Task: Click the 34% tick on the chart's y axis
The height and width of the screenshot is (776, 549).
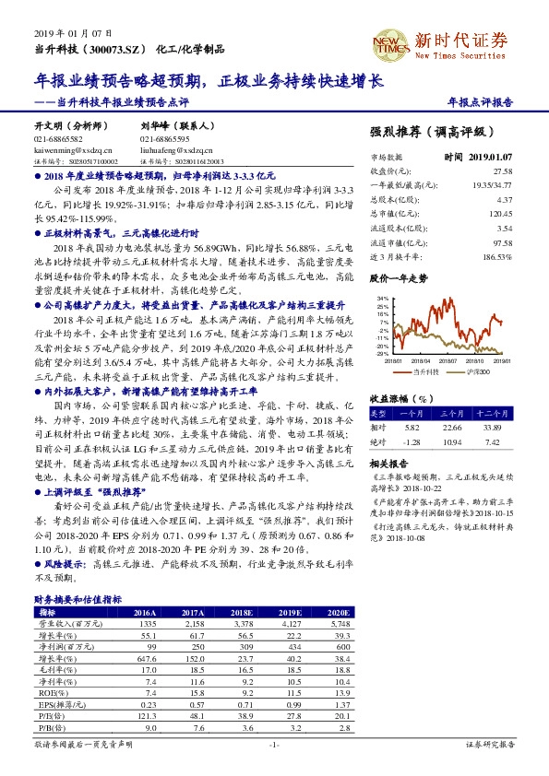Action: [x=380, y=300]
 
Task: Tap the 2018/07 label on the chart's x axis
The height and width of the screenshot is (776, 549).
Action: [x=450, y=361]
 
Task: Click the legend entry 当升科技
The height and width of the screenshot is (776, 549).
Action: [x=425, y=370]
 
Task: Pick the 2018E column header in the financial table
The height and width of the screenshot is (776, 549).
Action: [x=242, y=611]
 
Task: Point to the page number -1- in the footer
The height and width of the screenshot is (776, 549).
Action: [x=274, y=744]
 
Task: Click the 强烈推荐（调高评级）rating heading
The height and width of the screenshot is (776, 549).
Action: [x=432, y=132]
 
